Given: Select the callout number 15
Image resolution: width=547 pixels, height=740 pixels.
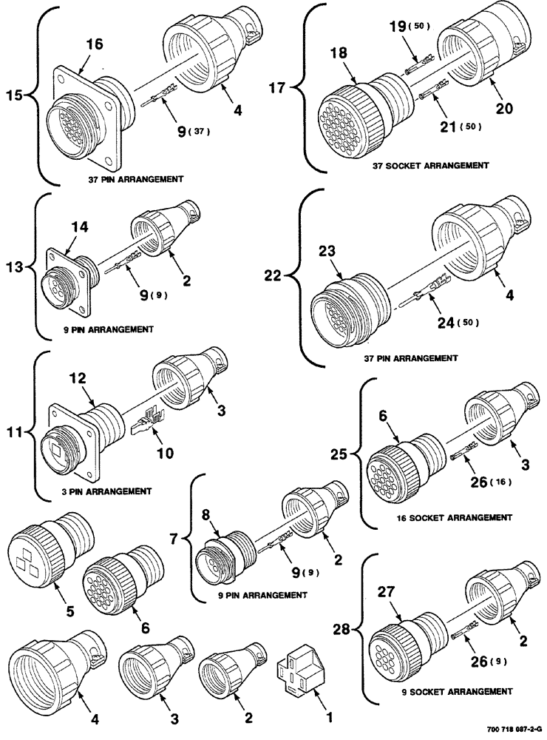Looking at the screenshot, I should click(16, 95).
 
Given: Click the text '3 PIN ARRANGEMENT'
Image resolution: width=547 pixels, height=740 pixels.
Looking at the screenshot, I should click(108, 491).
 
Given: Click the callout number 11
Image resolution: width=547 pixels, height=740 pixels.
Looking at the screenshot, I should click(16, 428).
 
